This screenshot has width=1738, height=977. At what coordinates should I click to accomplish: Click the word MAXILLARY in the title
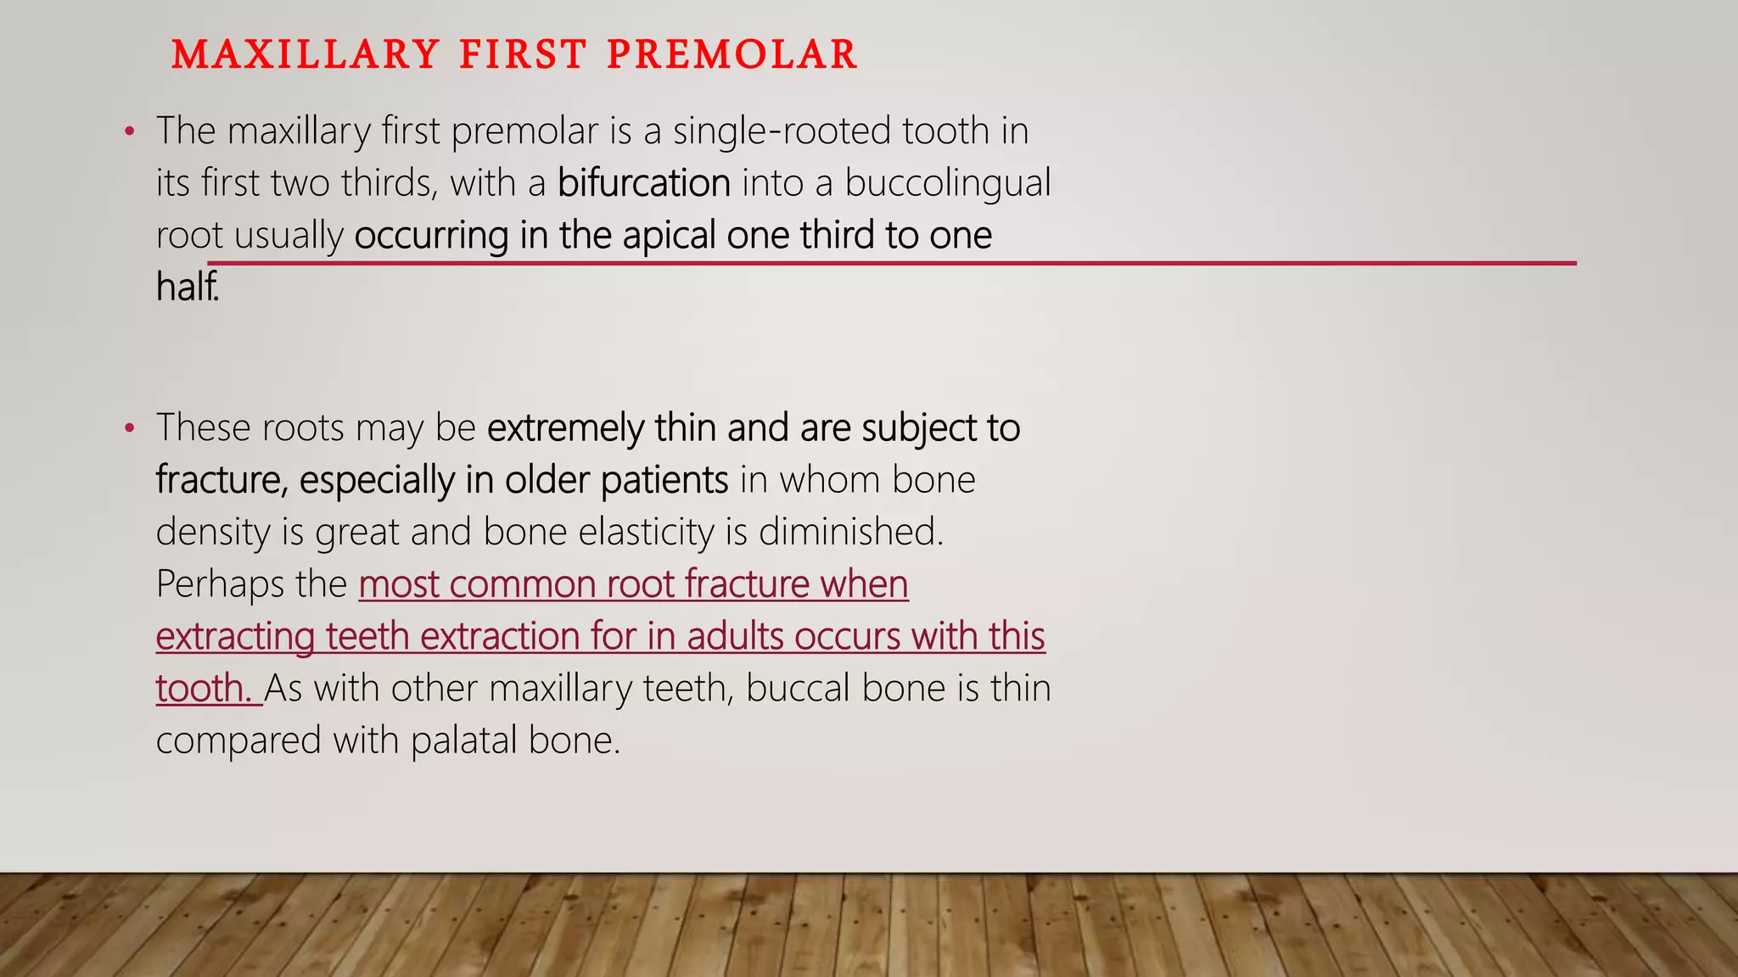(x=305, y=55)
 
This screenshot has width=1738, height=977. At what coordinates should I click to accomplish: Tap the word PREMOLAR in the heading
(x=732, y=55)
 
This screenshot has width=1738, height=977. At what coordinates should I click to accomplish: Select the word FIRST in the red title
(x=523, y=55)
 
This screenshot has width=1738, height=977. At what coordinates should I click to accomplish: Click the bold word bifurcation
(x=643, y=183)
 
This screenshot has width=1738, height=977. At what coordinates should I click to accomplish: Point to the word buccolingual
(x=947, y=183)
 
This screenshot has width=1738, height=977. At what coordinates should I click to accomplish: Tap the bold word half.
(x=187, y=287)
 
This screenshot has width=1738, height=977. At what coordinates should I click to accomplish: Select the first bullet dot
(x=129, y=132)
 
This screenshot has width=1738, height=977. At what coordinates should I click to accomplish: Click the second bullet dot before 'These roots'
(x=129, y=428)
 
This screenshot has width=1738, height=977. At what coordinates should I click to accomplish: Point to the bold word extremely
(x=565, y=428)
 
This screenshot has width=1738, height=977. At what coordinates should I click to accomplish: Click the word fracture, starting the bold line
(x=221, y=481)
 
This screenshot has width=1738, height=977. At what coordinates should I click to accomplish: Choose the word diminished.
(x=850, y=533)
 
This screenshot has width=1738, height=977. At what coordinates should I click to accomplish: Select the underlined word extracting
(x=235, y=637)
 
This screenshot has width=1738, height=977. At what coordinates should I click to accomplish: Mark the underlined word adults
(x=735, y=637)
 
